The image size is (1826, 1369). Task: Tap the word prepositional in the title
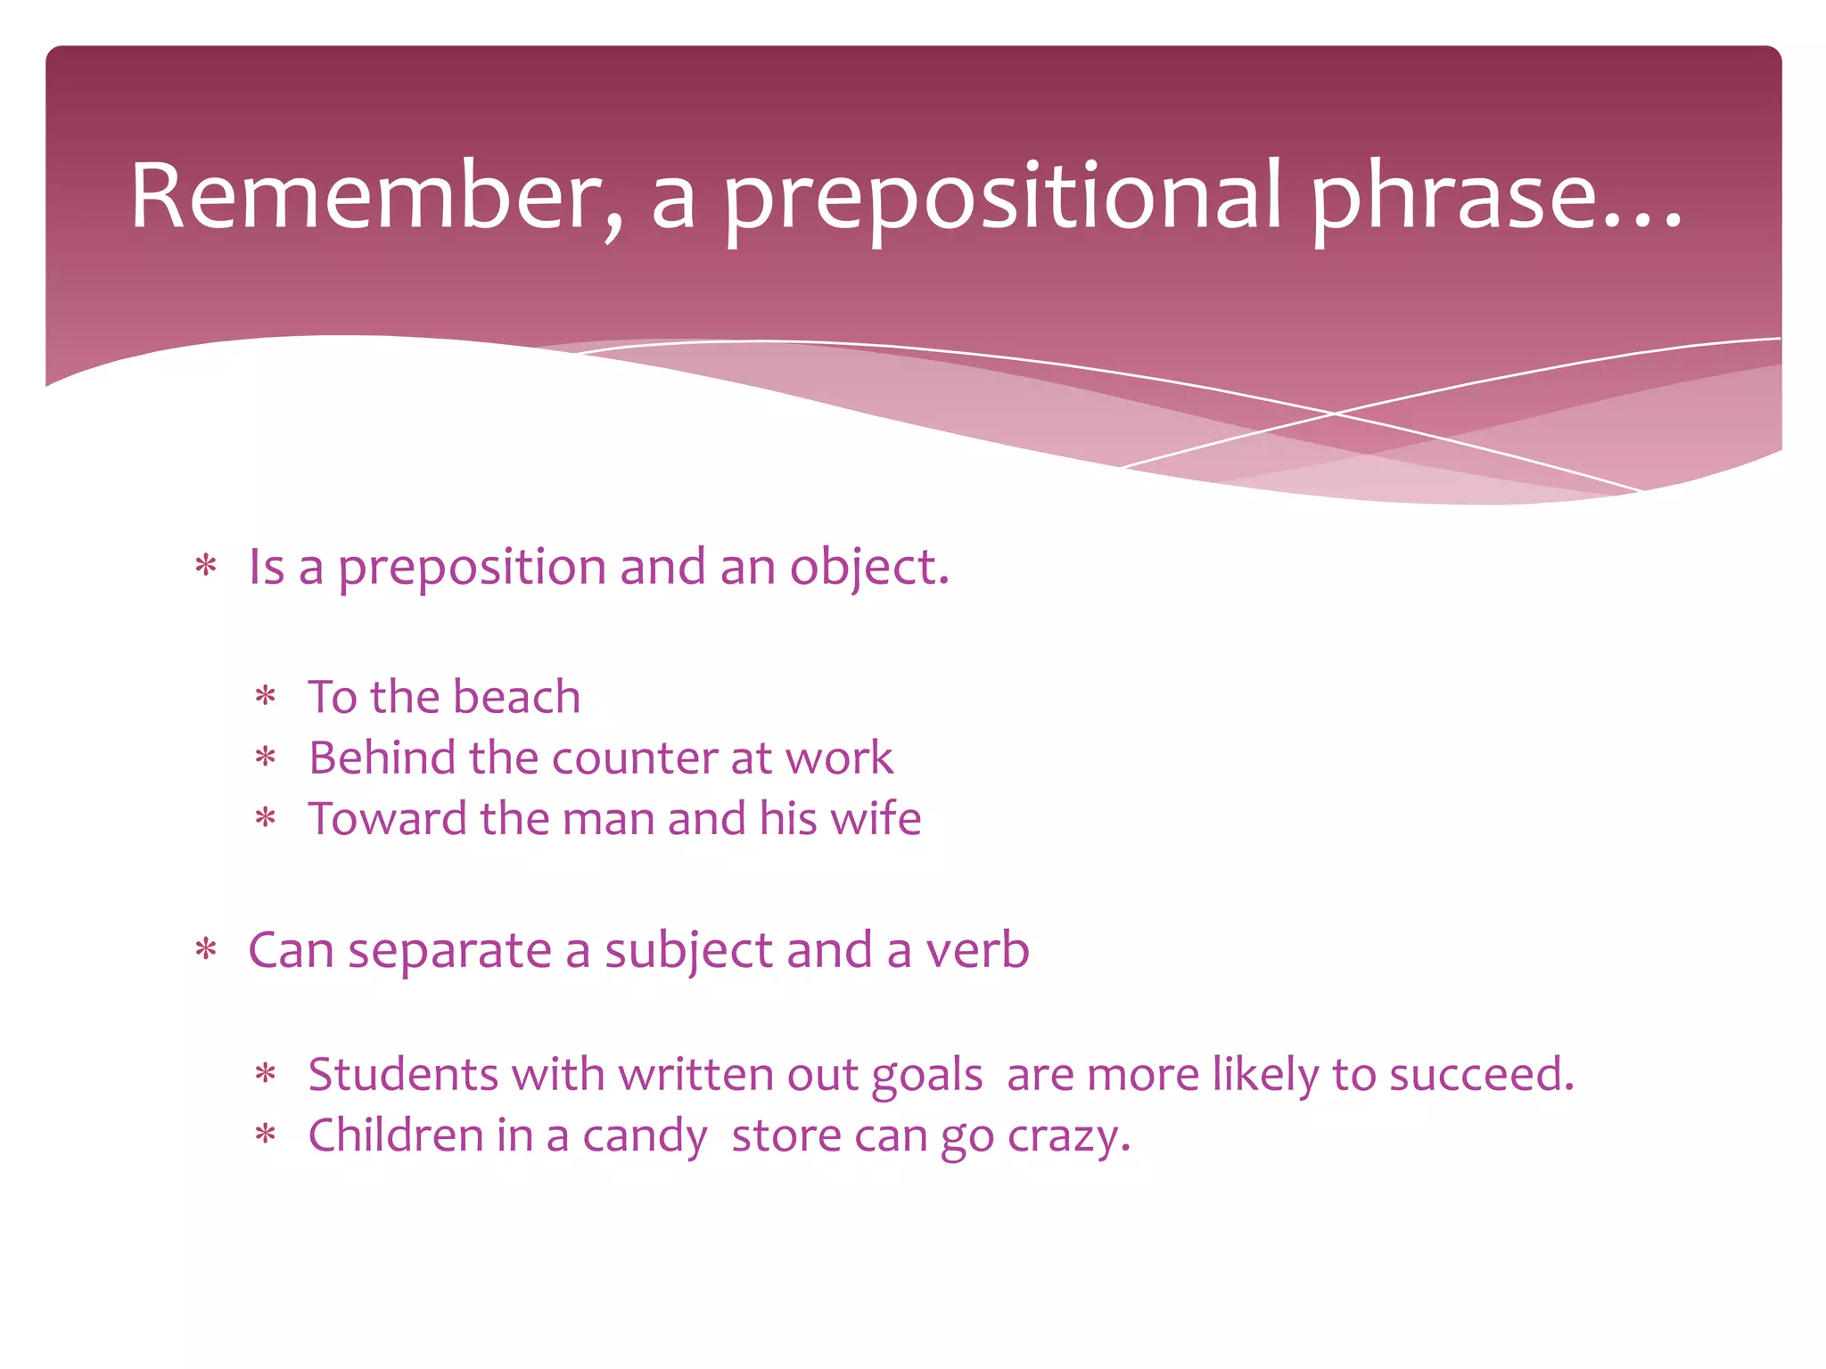click(1003, 198)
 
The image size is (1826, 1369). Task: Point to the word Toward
click(387, 819)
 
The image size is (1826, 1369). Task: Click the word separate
click(449, 951)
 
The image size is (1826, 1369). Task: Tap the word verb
click(977, 950)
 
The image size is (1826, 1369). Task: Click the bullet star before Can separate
click(206, 950)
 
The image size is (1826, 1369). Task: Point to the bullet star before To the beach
click(266, 696)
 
